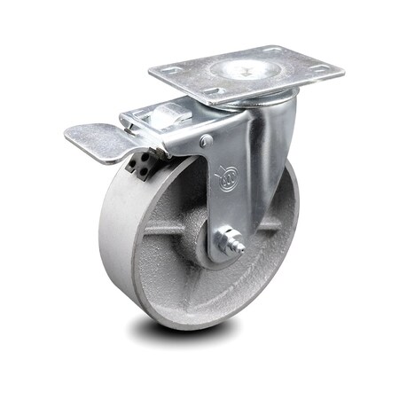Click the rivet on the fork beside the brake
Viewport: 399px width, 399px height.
click(x=206, y=141)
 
